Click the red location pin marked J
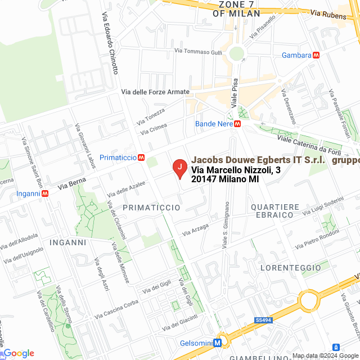(179, 168)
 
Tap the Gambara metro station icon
(317, 55)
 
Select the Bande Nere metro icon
(238, 124)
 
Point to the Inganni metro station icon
(44, 193)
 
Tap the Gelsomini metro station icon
(217, 343)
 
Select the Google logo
(18, 353)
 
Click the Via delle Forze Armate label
(156, 92)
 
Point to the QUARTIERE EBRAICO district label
(273, 211)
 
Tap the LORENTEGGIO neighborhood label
(291, 268)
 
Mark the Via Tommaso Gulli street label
(199, 51)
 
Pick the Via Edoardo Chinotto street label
(110, 44)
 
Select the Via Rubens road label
(329, 16)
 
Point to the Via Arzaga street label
(195, 229)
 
